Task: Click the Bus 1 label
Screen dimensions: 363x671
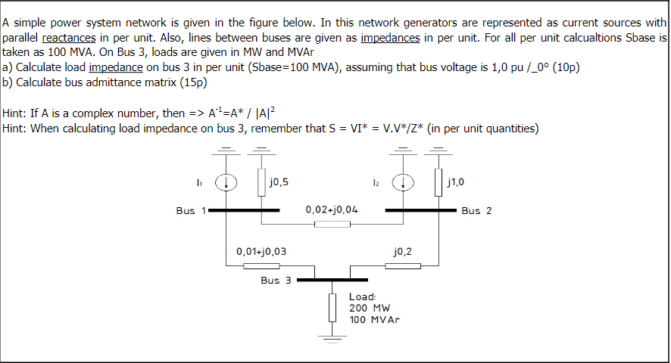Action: [186, 210]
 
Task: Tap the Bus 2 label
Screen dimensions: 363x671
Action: [476, 210]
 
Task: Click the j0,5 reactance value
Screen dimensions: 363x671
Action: [278, 182]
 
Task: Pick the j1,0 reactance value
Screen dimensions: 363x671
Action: [456, 182]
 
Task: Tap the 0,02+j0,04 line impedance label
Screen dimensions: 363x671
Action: [332, 209]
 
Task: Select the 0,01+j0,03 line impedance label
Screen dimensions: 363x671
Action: [261, 250]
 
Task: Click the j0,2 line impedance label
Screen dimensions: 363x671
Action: [404, 250]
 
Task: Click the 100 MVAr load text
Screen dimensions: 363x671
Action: [374, 319]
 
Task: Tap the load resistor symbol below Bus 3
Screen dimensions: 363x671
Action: [332, 307]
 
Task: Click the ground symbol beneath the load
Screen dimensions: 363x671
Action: [332, 336]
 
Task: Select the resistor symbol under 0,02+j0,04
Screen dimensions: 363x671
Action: [332, 224]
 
